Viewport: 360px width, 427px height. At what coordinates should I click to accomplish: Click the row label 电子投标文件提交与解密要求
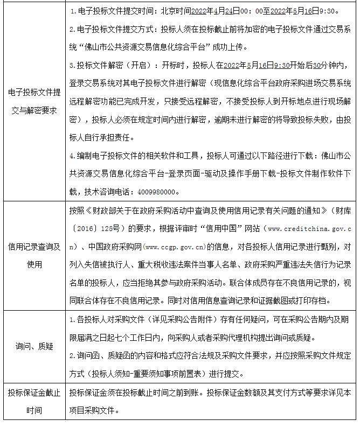pyautogui.click(x=34, y=101)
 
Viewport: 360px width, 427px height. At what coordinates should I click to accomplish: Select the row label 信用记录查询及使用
pyautogui.click(x=34, y=256)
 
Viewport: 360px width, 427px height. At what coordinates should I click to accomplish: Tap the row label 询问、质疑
pyautogui.click(x=34, y=346)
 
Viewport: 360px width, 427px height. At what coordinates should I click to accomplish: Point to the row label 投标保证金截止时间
pyautogui.click(x=34, y=401)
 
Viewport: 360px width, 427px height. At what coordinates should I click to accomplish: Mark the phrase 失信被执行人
pyautogui.click(x=108, y=265)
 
